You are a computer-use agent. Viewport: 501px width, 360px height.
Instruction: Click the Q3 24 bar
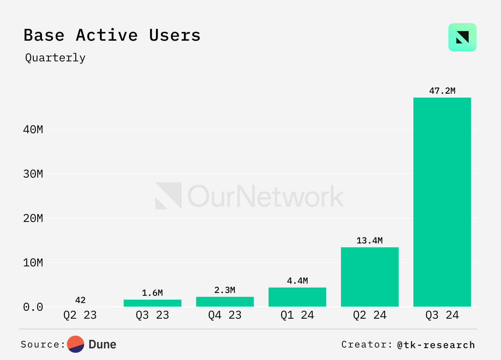[442, 202]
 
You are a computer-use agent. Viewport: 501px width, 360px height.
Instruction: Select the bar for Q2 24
[369, 277]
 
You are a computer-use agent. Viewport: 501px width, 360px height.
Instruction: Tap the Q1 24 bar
[297, 297]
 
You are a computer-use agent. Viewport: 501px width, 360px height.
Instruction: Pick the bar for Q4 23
[225, 301]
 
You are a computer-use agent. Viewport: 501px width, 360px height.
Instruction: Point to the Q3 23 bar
[152, 303]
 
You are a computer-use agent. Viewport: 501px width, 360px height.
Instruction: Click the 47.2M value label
[442, 91]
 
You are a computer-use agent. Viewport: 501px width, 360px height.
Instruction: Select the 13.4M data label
[369, 240]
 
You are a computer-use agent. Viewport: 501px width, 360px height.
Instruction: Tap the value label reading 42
[80, 300]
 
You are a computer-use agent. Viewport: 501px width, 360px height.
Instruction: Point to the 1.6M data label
[152, 293]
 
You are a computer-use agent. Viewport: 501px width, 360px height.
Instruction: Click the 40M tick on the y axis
[33, 129]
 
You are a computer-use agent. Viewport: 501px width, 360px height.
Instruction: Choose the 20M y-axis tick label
[33, 218]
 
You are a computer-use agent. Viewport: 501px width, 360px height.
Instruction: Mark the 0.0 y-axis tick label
[33, 307]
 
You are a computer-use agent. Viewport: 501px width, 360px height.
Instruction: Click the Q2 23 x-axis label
[80, 315]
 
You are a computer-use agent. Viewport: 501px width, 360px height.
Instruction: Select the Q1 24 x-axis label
[297, 315]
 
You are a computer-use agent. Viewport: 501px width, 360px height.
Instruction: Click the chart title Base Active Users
[112, 35]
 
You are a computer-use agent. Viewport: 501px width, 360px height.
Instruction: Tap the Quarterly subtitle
[55, 58]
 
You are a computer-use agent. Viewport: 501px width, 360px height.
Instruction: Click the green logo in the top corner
[462, 37]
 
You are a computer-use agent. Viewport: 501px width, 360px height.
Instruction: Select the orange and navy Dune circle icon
[75, 344]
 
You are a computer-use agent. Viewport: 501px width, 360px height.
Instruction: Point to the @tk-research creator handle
[436, 345]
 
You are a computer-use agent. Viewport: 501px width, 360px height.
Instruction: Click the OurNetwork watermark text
[266, 196]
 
